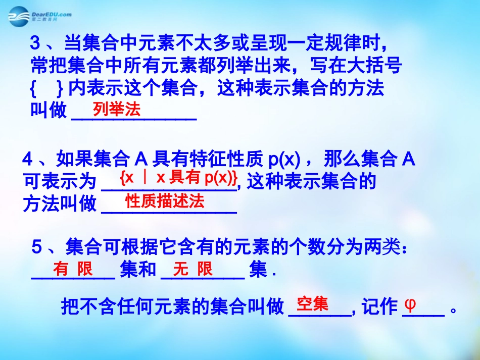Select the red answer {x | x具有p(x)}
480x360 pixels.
[x=179, y=177]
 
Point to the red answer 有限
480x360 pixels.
[x=73, y=269]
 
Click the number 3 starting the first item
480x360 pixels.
[x=35, y=44]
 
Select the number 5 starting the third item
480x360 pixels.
[x=36, y=247]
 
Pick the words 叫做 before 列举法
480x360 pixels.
[x=49, y=111]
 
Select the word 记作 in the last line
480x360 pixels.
[x=379, y=306]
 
